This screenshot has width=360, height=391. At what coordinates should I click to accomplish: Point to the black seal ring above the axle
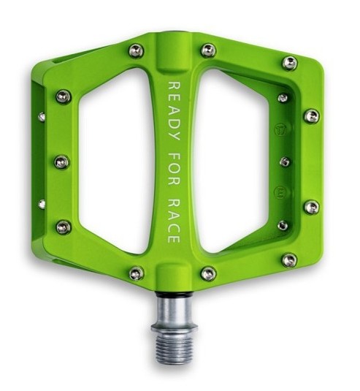(175, 295)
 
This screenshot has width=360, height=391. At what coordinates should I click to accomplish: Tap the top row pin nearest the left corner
(136, 50)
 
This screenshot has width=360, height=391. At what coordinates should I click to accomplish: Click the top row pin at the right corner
(290, 63)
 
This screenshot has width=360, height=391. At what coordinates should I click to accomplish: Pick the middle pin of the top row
(208, 50)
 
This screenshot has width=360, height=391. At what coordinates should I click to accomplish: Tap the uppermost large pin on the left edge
(64, 96)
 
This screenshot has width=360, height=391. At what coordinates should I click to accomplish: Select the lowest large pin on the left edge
(64, 227)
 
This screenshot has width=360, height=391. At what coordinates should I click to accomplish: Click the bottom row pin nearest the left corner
(136, 273)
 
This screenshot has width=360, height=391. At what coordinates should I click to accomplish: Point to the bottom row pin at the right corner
(290, 260)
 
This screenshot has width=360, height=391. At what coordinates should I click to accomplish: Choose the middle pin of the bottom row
(208, 273)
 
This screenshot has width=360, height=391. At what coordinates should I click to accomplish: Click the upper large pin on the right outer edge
(312, 116)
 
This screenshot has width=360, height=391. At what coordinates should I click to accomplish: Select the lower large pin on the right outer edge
(312, 207)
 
